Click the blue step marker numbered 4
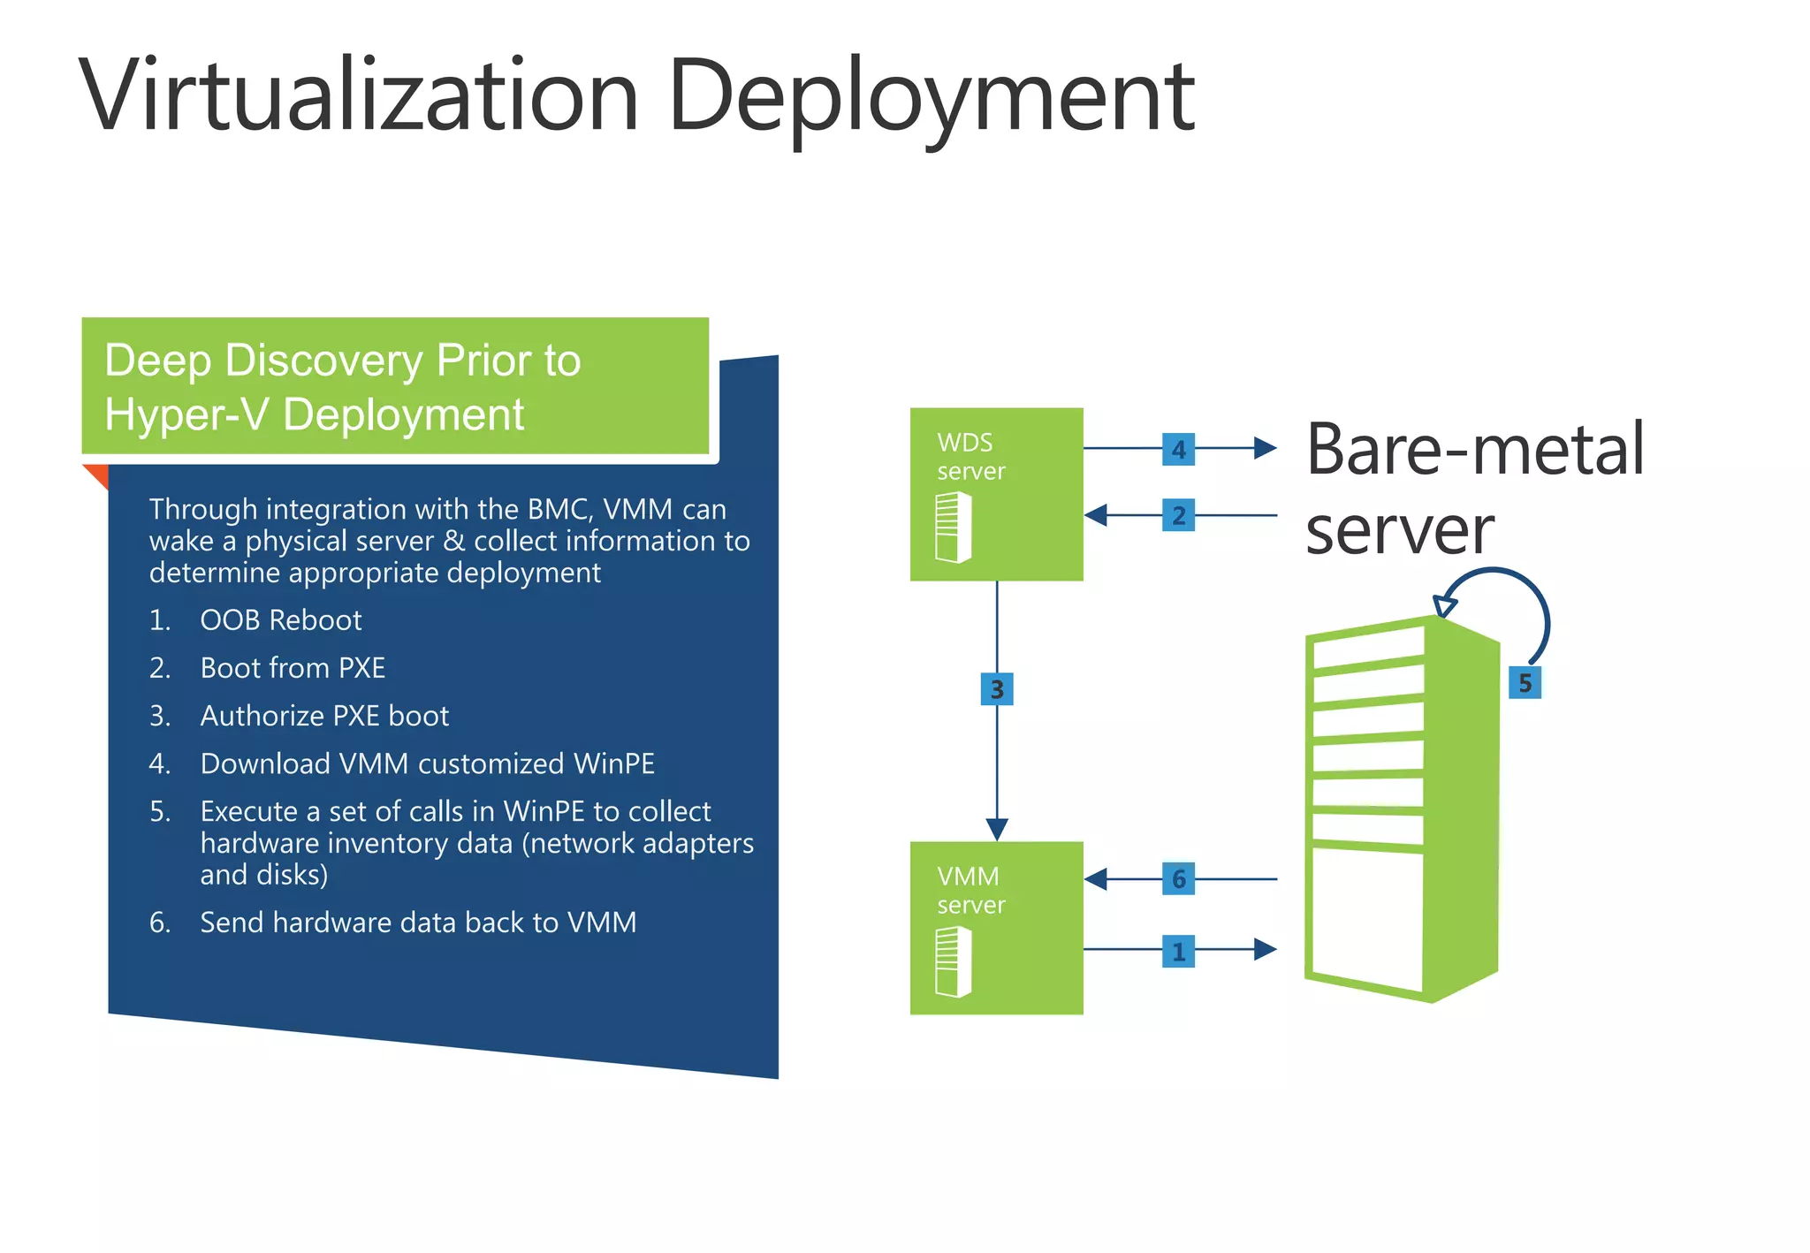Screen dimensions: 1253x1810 (x=1178, y=449)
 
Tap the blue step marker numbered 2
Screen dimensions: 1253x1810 (x=1178, y=515)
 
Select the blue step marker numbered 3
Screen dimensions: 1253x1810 (x=997, y=689)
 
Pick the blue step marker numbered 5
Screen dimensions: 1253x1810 (x=1525, y=682)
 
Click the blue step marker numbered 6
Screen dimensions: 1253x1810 (x=1178, y=878)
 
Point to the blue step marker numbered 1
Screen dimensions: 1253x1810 (x=1178, y=951)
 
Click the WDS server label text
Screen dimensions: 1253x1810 (x=970, y=456)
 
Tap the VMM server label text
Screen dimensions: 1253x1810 (x=970, y=890)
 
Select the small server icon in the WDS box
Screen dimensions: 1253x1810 (x=954, y=528)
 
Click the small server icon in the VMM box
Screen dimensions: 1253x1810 (x=954, y=961)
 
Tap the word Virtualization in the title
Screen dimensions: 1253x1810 (x=358, y=95)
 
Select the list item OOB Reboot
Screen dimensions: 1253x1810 (x=280, y=620)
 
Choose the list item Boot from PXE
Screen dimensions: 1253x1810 (x=293, y=668)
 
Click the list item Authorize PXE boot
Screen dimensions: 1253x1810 (x=324, y=716)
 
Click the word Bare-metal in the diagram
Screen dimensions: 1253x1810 (x=1474, y=449)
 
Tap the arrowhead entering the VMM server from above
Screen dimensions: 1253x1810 (x=997, y=830)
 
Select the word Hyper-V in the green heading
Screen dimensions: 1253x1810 (x=186, y=414)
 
